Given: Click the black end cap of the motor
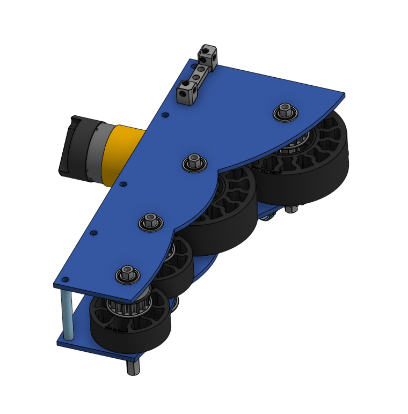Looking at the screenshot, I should (x=70, y=146).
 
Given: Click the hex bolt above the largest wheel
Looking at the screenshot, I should (x=285, y=113).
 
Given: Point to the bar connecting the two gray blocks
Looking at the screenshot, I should (x=198, y=75).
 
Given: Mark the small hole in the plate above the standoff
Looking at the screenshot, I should (x=65, y=279).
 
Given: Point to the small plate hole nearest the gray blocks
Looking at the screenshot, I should (x=165, y=115).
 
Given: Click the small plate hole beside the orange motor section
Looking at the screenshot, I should (x=123, y=184).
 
